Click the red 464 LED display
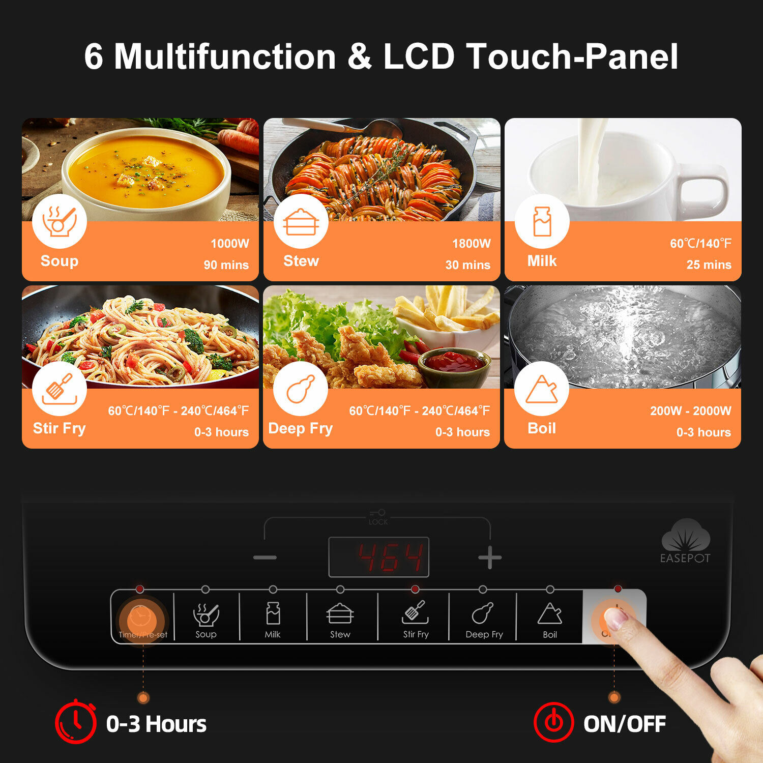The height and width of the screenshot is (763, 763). [x=379, y=557]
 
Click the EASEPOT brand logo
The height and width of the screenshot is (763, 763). [x=685, y=542]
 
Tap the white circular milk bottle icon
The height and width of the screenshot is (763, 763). [x=542, y=222]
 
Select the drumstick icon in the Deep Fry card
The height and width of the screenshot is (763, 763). [x=301, y=389]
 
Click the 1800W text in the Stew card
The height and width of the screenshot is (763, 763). [x=471, y=244]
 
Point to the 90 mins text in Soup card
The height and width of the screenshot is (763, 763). [x=226, y=265]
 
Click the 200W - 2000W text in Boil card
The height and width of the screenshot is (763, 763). [x=690, y=411]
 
